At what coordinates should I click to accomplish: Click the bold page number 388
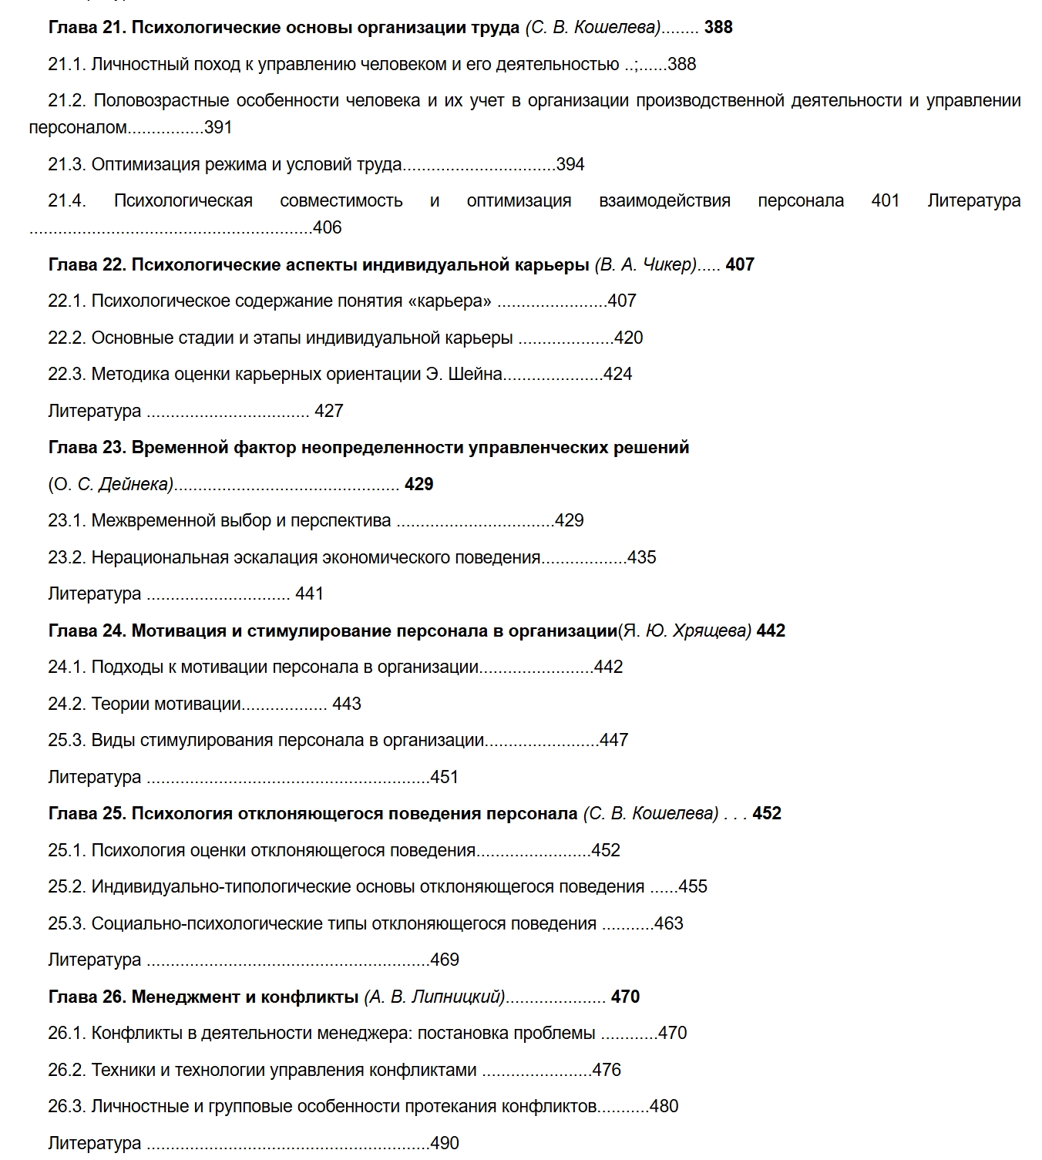[718, 28]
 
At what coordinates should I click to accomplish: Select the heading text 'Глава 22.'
[87, 265]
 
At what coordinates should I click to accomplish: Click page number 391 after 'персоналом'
[218, 128]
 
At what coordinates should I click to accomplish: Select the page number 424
[617, 375]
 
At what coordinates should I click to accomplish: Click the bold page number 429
[418, 485]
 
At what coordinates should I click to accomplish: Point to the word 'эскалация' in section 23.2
[367, 558]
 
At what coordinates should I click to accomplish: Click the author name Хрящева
[710, 631]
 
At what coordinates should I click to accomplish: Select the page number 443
[347, 704]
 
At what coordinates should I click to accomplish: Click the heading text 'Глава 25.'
[87, 814]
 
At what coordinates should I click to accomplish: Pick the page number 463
[668, 924]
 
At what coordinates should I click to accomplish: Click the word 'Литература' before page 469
[94, 960]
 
